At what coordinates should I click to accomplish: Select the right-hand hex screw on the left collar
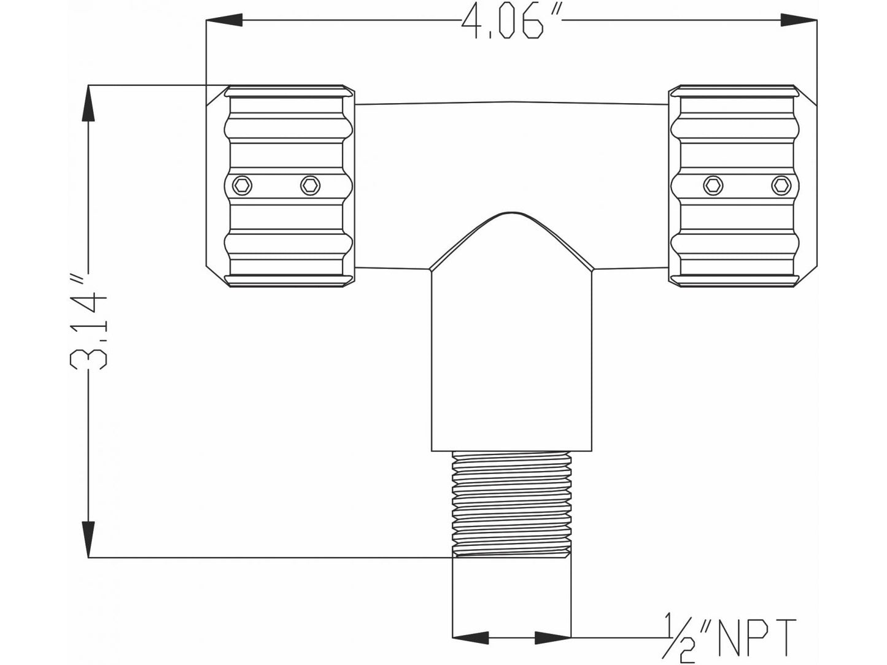coord(309,184)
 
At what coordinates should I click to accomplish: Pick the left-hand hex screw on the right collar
coord(713,184)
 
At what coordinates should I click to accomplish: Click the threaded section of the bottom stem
coord(512,503)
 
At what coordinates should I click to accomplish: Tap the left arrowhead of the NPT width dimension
coord(469,638)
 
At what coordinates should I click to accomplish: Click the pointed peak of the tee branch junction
coord(512,215)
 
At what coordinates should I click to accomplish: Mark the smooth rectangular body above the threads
coord(512,362)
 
